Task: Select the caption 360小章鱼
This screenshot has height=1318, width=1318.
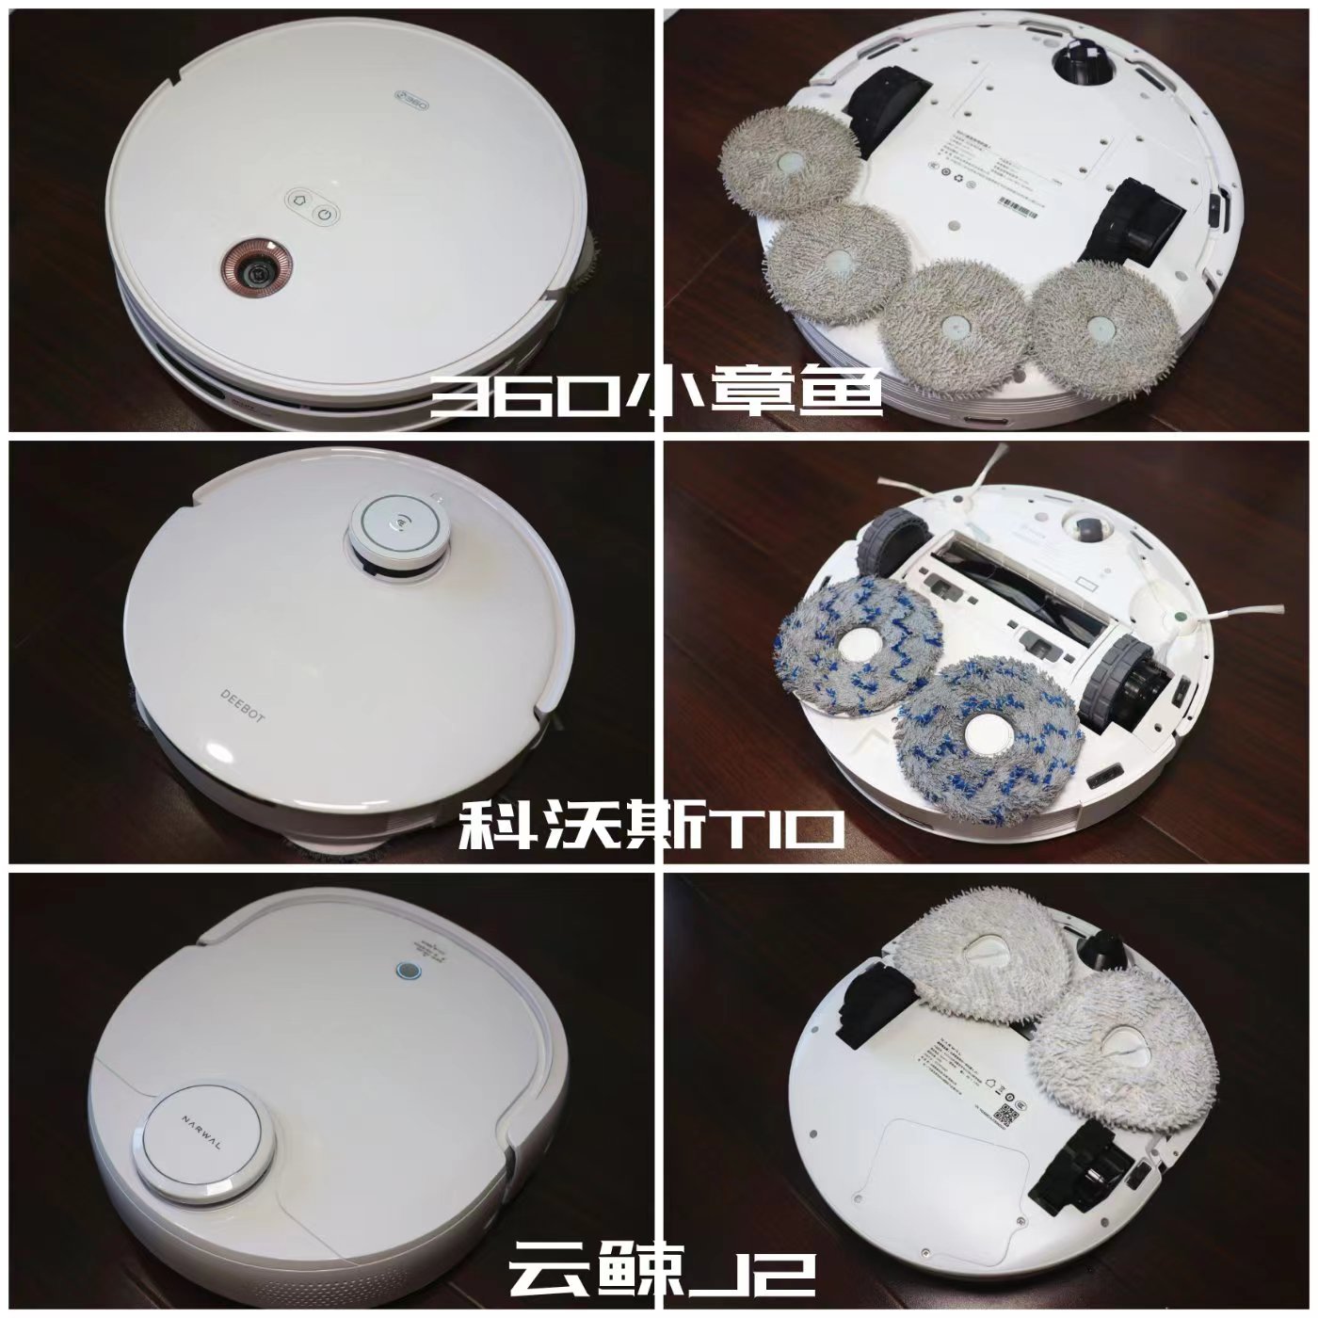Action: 656,396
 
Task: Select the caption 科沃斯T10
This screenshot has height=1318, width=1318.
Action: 650,829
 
